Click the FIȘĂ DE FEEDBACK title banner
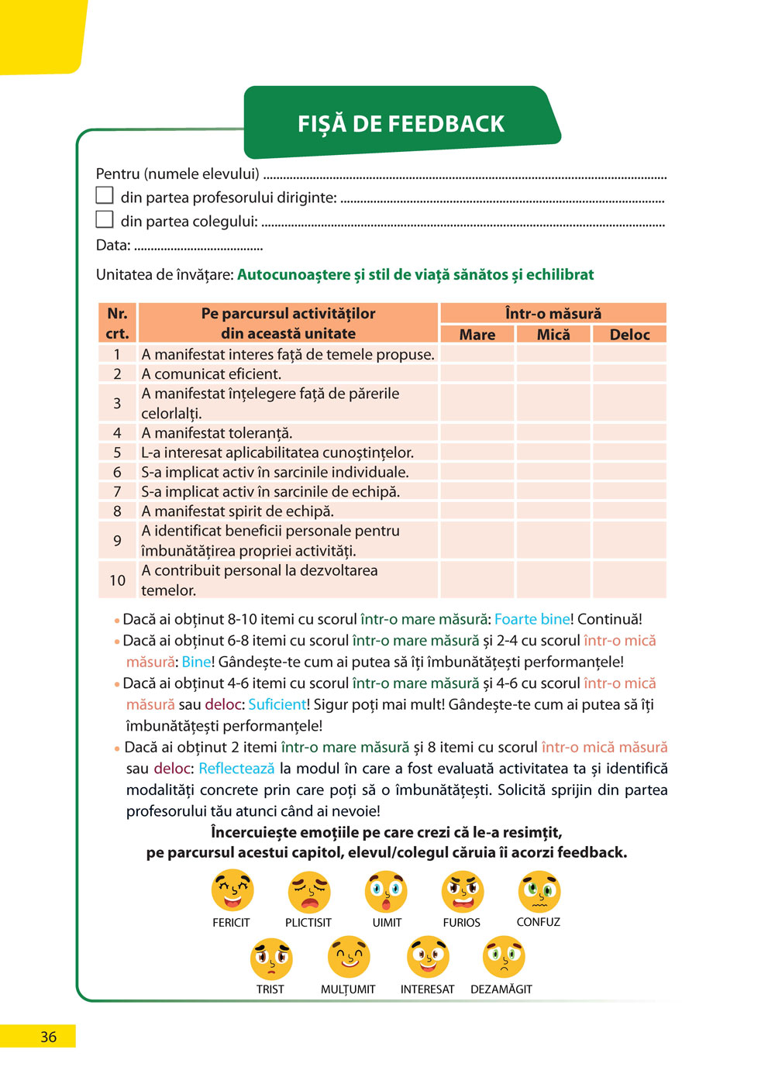[x=401, y=123]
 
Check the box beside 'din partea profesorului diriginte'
[x=105, y=195]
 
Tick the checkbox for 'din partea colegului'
[x=105, y=219]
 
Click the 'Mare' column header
[x=477, y=335]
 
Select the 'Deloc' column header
[x=629, y=335]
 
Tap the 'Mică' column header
[x=553, y=335]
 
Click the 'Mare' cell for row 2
[x=477, y=373]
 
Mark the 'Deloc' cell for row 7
[x=629, y=491]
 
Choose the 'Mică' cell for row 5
[x=553, y=452]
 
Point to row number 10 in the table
[x=117, y=580]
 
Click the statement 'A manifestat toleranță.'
[x=217, y=433]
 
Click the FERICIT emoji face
[x=232, y=891]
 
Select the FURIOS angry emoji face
[x=463, y=891]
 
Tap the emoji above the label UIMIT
[x=386, y=891]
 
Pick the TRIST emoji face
[x=271, y=958]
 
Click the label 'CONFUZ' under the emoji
[x=539, y=922]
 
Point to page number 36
[x=48, y=1037]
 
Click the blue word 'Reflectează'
[x=236, y=769]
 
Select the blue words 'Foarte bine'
[x=532, y=619]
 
